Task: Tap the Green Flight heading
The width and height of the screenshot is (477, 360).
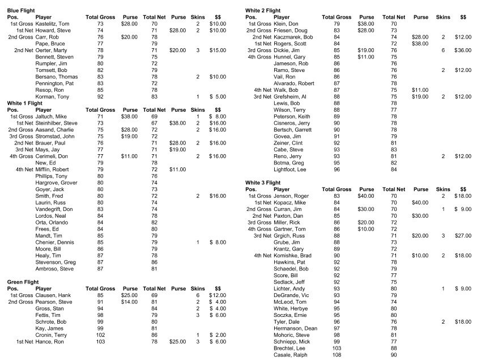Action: click(22, 282)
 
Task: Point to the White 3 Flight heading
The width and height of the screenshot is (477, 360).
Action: click(262, 183)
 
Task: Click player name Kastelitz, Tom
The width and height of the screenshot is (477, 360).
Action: click(52, 23)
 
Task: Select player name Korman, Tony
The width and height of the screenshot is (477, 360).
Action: click(50, 96)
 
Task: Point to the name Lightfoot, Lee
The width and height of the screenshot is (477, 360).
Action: click(290, 169)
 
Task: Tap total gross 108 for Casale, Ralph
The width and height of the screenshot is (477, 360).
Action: click(337, 354)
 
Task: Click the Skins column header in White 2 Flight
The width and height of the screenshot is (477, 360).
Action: click(444, 17)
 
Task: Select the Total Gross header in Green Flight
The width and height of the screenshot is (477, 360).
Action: click(100, 289)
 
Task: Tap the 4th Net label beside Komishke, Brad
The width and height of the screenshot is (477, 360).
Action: click(262, 255)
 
